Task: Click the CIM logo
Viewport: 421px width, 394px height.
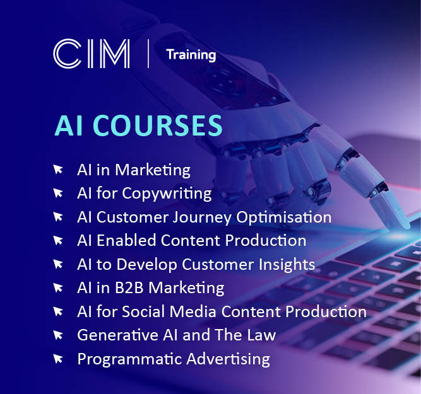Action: [92, 54]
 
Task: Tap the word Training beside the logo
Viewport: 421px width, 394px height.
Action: [191, 55]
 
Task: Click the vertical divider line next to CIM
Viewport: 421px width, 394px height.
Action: [148, 54]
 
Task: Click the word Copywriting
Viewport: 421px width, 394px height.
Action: [167, 194]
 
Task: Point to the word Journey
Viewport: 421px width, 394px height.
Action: [202, 217]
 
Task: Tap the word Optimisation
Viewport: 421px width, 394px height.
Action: [283, 217]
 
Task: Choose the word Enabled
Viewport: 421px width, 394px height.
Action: [126, 240]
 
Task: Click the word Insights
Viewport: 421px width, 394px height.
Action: [287, 265]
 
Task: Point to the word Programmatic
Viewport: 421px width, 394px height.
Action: [130, 359]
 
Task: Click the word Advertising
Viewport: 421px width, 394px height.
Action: [228, 359]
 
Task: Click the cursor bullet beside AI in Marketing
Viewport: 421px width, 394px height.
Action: [58, 170]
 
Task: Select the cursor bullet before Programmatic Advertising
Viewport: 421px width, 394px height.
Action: [58, 359]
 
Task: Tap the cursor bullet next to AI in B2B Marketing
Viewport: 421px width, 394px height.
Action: [58, 288]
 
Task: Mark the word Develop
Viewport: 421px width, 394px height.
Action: [146, 265]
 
